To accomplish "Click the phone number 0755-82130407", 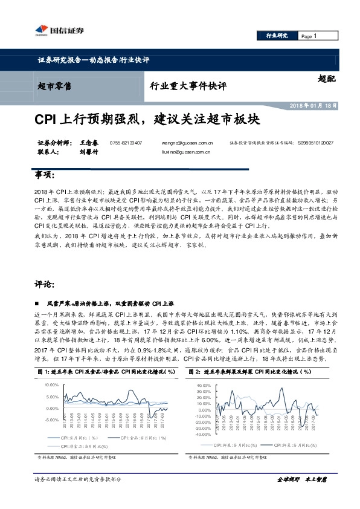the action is [126, 143].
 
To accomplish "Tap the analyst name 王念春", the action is [88, 143].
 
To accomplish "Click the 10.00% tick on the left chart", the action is [51, 385].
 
